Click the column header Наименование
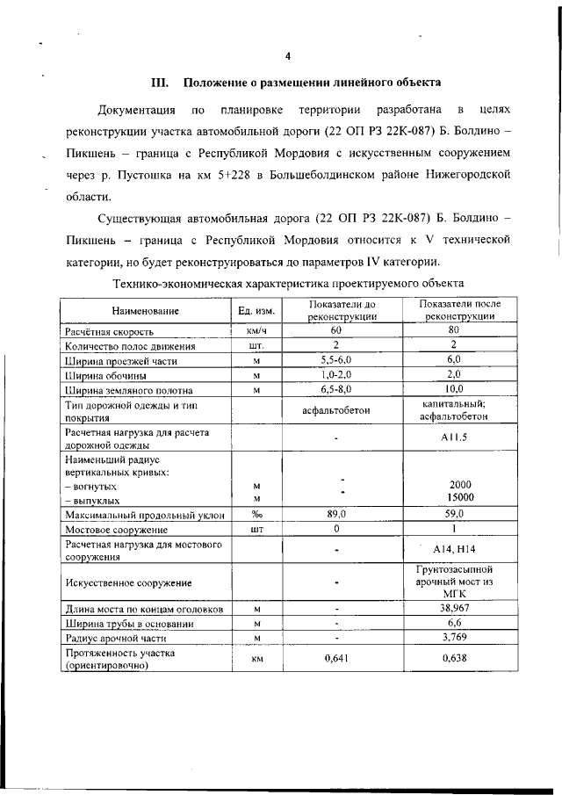click(146, 311)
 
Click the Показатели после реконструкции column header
click(453, 310)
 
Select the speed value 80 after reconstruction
click(453, 331)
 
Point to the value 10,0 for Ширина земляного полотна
click(453, 389)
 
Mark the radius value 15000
click(453, 498)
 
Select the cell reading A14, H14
click(453, 551)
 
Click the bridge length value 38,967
click(453, 608)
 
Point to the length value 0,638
click(453, 659)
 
